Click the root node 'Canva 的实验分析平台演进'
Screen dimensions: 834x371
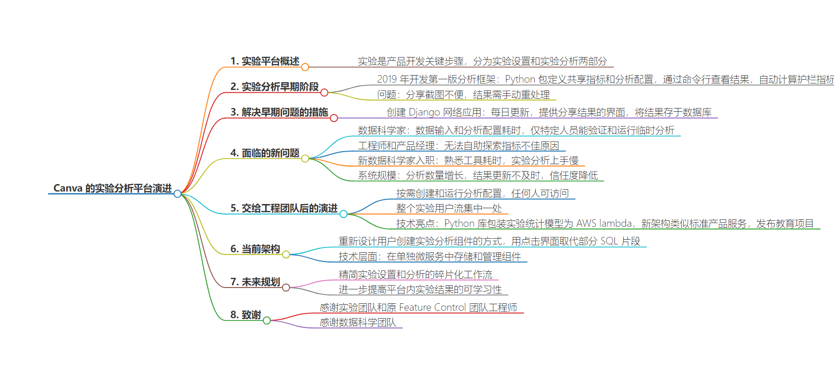click(x=113, y=188)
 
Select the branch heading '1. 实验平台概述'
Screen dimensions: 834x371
click(x=265, y=61)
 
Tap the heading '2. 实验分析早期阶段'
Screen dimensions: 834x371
click(x=274, y=87)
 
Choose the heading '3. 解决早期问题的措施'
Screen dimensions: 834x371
click(x=279, y=112)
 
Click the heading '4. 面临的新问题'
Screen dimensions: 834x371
click(x=265, y=153)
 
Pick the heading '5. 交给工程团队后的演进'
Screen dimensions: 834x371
click(x=284, y=208)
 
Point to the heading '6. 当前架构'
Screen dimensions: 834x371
click(x=255, y=249)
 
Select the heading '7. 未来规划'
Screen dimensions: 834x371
click(x=255, y=282)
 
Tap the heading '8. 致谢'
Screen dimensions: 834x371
click(x=246, y=315)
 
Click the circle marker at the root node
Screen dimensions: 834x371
click(x=177, y=193)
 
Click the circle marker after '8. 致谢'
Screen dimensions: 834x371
click(x=267, y=320)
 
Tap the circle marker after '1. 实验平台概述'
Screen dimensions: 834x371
click(x=305, y=67)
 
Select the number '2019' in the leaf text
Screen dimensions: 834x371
click(x=387, y=79)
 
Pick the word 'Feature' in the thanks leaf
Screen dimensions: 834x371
click(x=415, y=307)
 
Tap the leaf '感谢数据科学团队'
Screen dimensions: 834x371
click(x=358, y=322)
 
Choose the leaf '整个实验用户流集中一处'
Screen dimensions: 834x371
click(x=449, y=208)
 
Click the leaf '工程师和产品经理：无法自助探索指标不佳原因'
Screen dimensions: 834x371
click(x=459, y=146)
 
